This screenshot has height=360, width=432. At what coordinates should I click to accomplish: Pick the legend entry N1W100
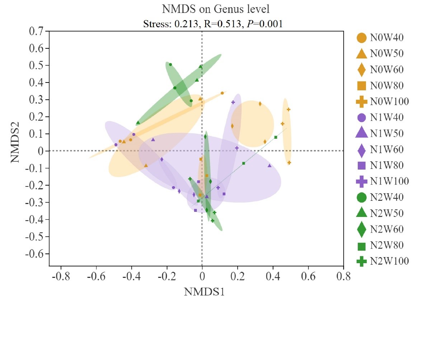[x=389, y=181]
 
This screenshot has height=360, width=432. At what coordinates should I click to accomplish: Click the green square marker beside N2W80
[x=362, y=246]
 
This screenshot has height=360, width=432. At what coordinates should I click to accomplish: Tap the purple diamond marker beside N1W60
[x=362, y=150]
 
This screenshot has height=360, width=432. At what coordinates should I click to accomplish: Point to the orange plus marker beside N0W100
[x=362, y=101]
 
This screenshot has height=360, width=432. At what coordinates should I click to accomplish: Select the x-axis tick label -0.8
[x=61, y=277]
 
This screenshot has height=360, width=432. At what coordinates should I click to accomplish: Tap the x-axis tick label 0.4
[x=273, y=277]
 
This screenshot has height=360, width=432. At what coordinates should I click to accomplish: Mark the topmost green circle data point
[x=170, y=65]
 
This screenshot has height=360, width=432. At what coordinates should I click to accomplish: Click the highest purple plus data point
[x=233, y=102]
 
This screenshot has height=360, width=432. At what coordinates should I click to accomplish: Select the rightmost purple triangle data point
[x=269, y=165]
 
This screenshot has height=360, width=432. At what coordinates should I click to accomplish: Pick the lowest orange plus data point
[x=289, y=163]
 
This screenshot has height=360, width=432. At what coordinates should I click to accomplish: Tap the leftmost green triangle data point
[x=138, y=123]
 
